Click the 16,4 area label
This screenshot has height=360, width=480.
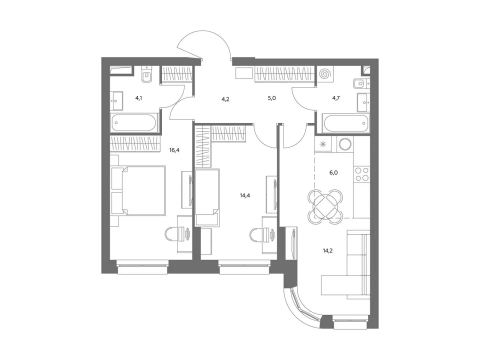coord(174,150)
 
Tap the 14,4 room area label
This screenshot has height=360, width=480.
coord(245,195)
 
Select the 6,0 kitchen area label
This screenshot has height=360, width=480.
coord(333,172)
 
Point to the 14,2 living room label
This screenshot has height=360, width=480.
coord(327,250)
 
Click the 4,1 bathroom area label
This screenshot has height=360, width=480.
coord(138,98)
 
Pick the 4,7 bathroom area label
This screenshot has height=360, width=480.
coord(336,98)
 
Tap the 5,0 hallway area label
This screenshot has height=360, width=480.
coord(272,98)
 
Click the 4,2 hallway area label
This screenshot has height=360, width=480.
coord(225,99)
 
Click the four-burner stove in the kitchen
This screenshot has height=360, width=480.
coord(361,174)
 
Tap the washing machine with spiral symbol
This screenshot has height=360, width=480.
coord(324,74)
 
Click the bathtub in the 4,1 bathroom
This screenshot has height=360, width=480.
coord(133,123)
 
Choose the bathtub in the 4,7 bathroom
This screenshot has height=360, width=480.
coord(346,123)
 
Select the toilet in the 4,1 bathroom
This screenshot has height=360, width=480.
coord(146,74)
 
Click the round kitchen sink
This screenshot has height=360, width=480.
coord(345,144)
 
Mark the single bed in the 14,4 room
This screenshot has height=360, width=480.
coord(207,198)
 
